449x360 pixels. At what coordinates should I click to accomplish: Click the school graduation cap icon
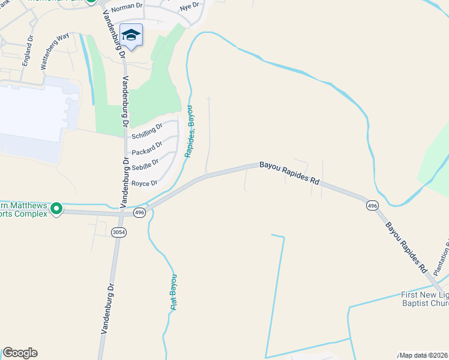coord(131,35)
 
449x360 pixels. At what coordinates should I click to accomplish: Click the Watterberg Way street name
coord(55,52)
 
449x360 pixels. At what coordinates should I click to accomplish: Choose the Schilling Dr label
coord(147,131)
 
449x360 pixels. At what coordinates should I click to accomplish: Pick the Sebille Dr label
coord(145,163)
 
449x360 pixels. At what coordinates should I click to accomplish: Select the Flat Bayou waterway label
coord(173,292)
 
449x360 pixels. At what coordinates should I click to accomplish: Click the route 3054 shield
coord(118,232)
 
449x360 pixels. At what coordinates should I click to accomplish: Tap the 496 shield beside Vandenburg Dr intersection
coord(139,213)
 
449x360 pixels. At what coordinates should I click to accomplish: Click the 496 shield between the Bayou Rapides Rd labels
coord(372,206)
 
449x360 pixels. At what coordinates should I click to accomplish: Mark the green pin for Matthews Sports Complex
coord(56,208)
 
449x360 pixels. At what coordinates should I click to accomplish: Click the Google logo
coord(20,353)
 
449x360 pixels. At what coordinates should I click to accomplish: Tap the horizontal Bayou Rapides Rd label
coord(289,172)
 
